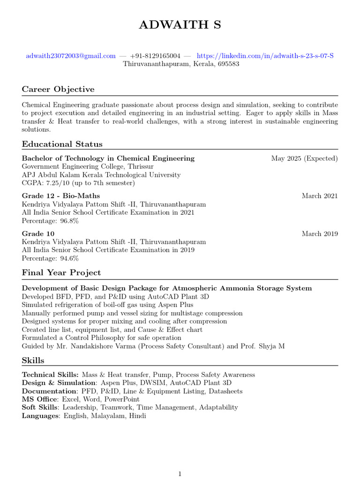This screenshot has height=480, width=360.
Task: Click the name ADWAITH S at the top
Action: pyautogui.click(x=180, y=25)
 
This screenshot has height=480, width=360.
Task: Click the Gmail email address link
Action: pyautogui.click(x=71, y=56)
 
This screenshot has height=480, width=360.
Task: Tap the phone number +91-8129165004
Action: pyautogui.click(x=155, y=56)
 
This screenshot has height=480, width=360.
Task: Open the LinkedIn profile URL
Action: pyautogui.click(x=265, y=56)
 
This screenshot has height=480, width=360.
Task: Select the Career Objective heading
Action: pyautogui.click(x=58, y=89)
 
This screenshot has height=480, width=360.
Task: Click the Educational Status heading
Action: pyautogui.click(x=62, y=144)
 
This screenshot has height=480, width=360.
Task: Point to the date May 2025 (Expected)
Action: pyautogui.click(x=304, y=158)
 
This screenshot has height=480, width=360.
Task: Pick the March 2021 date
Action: pyautogui.click(x=320, y=196)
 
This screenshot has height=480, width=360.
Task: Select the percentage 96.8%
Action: pyautogui.click(x=70, y=221)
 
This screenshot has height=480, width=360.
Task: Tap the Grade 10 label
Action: pyautogui.click(x=38, y=233)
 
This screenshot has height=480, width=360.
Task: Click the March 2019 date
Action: pyautogui.click(x=320, y=233)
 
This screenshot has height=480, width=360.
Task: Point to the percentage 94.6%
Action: pyautogui.click(x=70, y=258)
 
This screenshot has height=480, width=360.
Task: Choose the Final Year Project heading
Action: pyautogui.click(x=61, y=272)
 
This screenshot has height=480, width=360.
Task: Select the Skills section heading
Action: pyautogui.click(x=33, y=360)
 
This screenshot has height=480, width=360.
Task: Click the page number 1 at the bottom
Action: pyautogui.click(x=180, y=474)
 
